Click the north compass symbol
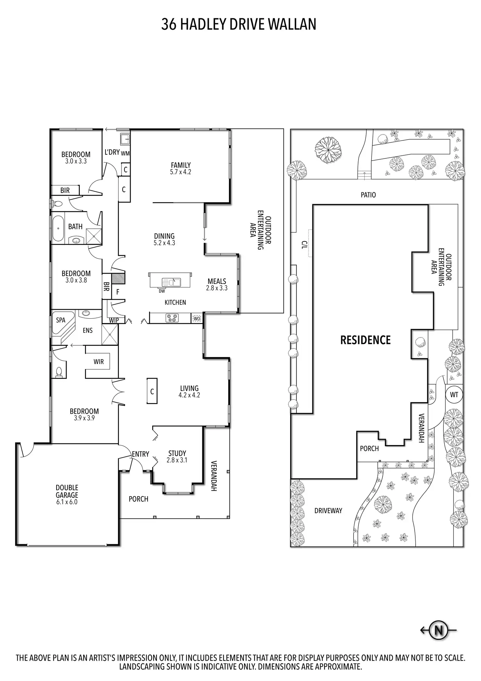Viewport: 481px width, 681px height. [438, 630]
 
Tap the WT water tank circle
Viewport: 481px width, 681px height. [454, 395]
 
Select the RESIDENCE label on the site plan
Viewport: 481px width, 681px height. [365, 340]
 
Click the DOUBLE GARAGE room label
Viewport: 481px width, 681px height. [67, 495]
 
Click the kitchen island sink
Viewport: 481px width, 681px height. [171, 282]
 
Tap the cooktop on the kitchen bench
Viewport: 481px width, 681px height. [172, 318]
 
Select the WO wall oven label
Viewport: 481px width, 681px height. [197, 318]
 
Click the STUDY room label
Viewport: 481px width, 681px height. [177, 456]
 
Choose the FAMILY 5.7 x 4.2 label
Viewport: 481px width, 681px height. [181, 168]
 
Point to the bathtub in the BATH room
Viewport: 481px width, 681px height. [58, 228]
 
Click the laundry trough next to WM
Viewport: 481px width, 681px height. [125, 140]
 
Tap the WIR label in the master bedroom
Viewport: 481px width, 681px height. [99, 361]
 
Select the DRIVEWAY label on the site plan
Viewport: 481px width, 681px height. [328, 511]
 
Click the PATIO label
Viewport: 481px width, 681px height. [368, 195]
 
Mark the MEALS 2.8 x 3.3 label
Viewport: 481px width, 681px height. [217, 285]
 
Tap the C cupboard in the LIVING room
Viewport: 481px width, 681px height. [152, 391]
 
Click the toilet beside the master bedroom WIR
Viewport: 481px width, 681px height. [59, 372]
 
